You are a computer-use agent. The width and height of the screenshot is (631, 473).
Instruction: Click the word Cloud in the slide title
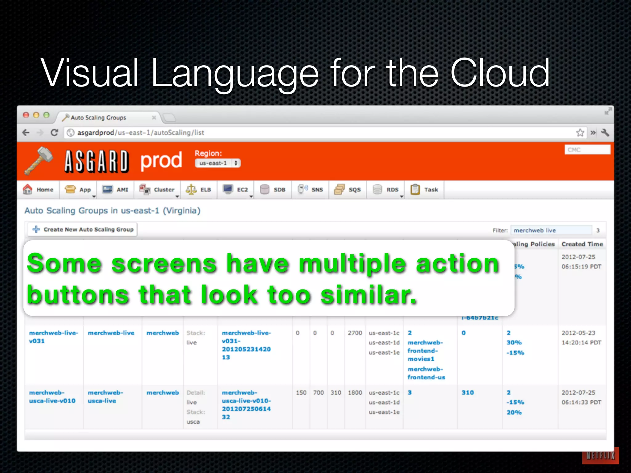click(x=500, y=73)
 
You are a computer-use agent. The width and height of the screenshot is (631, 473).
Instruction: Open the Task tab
click(x=424, y=189)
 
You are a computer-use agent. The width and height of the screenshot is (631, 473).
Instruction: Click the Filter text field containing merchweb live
click(x=551, y=230)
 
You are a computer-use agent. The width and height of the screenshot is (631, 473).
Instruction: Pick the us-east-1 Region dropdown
click(x=218, y=163)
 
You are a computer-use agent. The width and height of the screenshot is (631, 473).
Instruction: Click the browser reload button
click(x=54, y=132)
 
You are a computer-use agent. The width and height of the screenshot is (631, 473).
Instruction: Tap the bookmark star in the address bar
click(x=580, y=132)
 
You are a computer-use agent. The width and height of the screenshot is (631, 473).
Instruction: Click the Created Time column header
click(x=582, y=244)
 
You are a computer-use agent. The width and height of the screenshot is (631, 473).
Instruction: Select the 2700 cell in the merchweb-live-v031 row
click(x=355, y=333)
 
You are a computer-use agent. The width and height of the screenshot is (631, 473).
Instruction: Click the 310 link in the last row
click(x=467, y=393)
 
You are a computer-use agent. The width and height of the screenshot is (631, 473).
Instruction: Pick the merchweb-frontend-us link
click(x=426, y=373)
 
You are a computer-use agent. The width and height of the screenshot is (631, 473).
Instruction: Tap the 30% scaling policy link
click(x=514, y=342)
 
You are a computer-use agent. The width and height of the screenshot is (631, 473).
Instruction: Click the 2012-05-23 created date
click(x=578, y=333)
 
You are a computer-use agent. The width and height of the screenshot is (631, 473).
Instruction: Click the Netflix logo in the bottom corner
click(x=600, y=456)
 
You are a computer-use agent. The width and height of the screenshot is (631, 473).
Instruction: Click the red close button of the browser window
click(x=26, y=115)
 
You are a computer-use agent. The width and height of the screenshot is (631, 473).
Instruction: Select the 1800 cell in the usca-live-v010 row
click(x=355, y=393)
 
